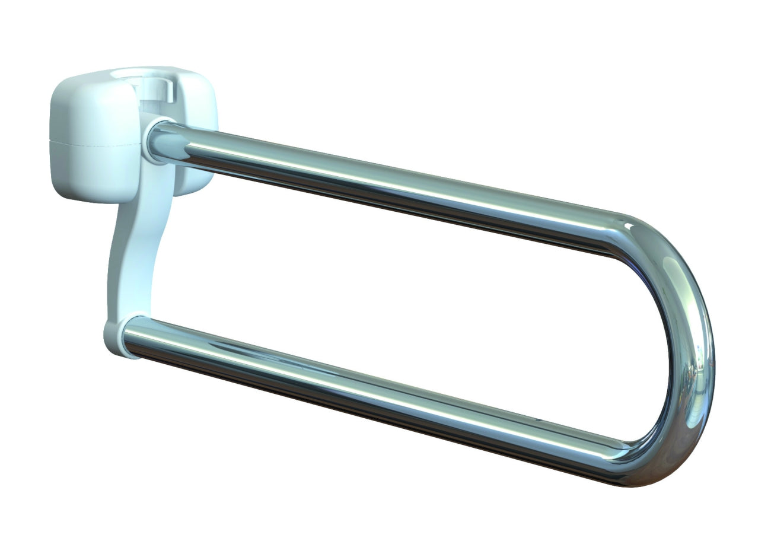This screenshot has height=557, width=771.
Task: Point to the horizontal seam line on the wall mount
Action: (x=89, y=143)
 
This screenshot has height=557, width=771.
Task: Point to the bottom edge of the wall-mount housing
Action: (x=89, y=199)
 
